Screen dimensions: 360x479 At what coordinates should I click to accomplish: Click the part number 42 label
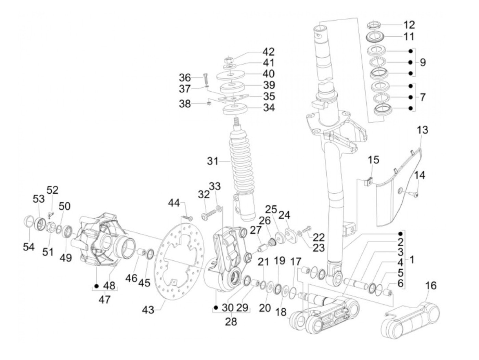pyautogui.click(x=269, y=52)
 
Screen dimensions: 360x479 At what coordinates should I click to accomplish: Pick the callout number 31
pyautogui.click(x=213, y=160)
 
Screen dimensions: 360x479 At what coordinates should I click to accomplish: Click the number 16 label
pyautogui.click(x=431, y=285)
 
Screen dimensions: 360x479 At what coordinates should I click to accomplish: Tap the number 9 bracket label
pyautogui.click(x=423, y=63)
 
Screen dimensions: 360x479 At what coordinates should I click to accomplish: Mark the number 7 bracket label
pyautogui.click(x=423, y=97)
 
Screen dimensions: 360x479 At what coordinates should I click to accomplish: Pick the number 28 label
pyautogui.click(x=231, y=322)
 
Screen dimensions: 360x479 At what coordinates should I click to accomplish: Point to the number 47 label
pyautogui.click(x=105, y=299)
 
